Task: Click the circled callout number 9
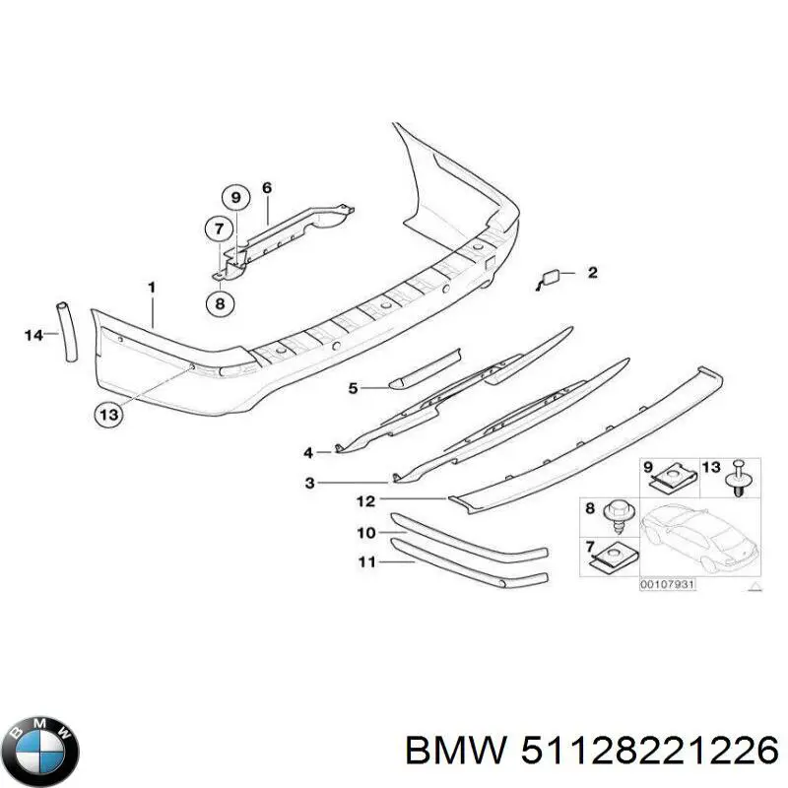(236, 198)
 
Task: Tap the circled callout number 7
(219, 230)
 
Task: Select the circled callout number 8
(220, 303)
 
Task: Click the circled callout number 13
(108, 415)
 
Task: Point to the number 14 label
(34, 335)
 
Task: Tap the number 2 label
(593, 273)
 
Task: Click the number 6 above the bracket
(267, 188)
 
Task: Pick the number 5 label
(354, 388)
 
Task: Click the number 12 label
(365, 501)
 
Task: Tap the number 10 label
(366, 532)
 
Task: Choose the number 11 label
(366, 561)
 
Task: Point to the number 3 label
(310, 483)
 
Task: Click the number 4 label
(308, 453)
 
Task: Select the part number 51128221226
(650, 753)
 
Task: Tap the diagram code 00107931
(668, 584)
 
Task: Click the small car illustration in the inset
(698, 540)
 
